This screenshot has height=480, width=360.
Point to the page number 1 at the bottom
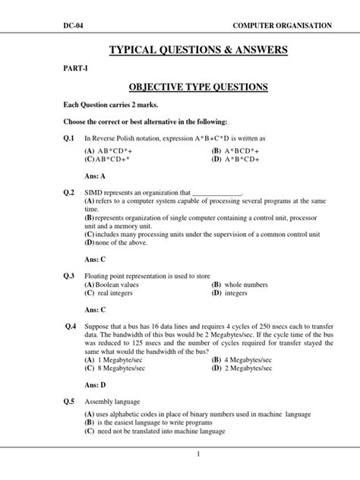click(x=197, y=454)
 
